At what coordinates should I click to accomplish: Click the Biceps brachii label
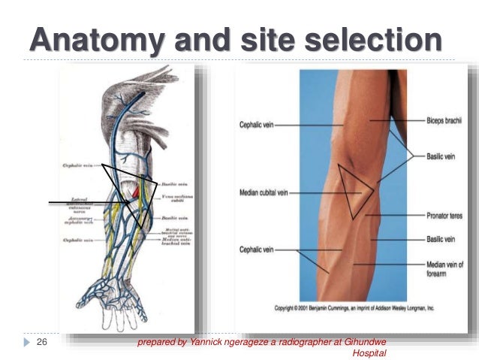click(443, 120)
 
